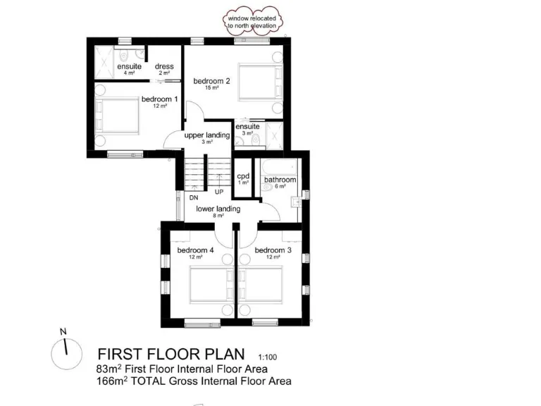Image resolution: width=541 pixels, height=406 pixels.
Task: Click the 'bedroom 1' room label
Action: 158,99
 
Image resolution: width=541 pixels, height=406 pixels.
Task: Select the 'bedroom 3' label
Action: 273,250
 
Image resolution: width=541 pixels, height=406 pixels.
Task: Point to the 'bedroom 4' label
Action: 195,250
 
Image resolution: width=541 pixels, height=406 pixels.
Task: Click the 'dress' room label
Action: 164,67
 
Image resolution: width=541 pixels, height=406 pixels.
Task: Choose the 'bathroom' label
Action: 280,180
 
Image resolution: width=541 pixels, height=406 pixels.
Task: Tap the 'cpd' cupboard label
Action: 244,176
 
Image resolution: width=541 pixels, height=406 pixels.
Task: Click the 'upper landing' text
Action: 208,135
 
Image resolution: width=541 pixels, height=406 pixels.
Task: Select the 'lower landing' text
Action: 218,209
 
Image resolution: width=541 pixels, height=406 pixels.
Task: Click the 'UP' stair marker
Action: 219,192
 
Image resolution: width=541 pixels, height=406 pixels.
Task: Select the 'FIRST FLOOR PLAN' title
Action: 171,353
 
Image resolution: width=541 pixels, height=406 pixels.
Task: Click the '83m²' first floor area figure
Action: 108,369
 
